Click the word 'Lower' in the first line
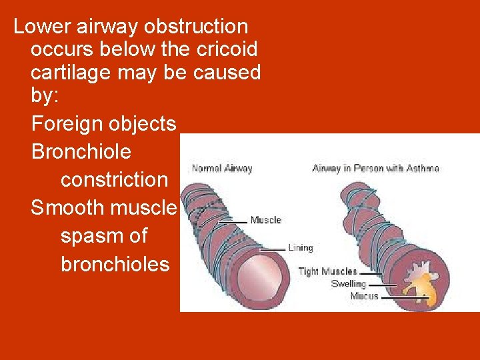pos(43,27)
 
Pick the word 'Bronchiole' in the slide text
pos(81,152)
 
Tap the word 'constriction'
pos(115,180)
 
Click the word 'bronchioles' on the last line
pos(115,265)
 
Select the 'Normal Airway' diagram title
pos(222,169)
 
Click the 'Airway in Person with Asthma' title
pos(376,168)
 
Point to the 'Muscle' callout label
pos(265,220)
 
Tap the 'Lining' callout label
pos(300,248)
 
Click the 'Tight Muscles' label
pos(327,271)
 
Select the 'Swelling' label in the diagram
pos(348,283)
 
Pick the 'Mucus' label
pos(364,296)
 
